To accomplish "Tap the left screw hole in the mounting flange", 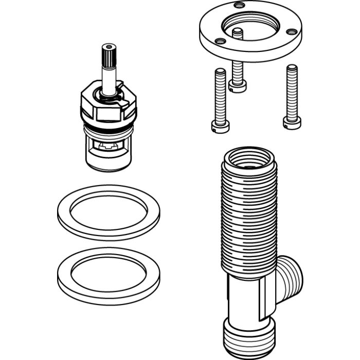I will [220, 41].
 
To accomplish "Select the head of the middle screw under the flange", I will [238, 85].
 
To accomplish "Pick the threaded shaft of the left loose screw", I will [220, 95].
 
